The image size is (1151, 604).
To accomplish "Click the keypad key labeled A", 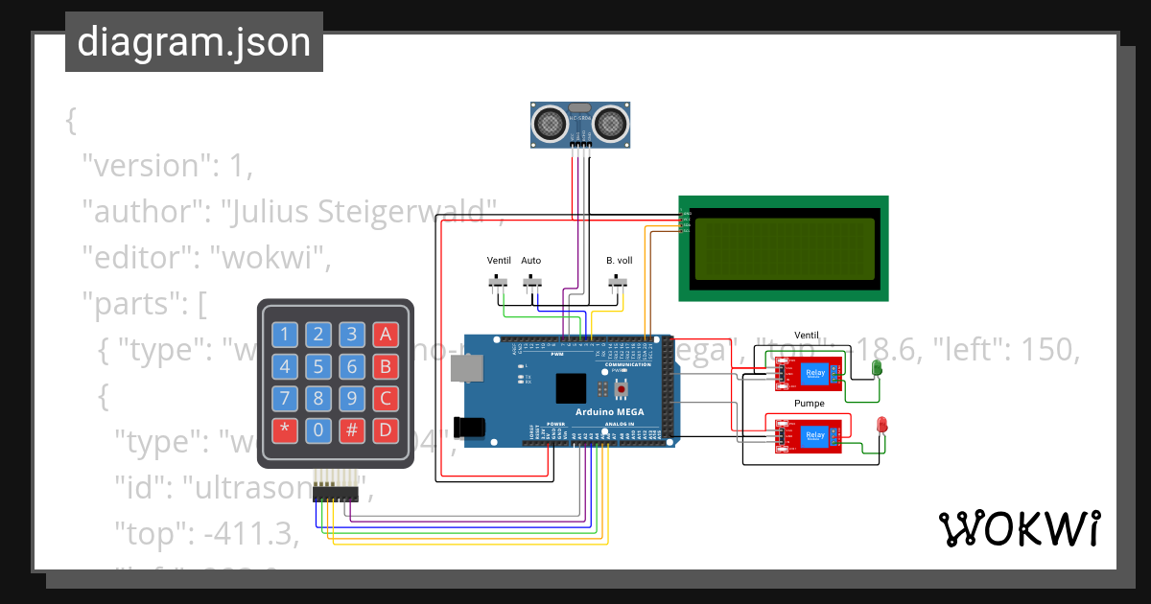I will [385, 335].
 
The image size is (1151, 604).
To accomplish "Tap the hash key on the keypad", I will [352, 430].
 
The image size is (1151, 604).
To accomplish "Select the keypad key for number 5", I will [318, 366].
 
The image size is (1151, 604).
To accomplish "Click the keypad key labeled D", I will [385, 430].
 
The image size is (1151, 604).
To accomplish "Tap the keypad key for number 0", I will [318, 430].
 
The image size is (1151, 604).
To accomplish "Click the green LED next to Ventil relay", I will [876, 368].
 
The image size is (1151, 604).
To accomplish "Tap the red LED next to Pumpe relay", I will [881, 425].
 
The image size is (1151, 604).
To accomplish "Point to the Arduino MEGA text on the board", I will [609, 412].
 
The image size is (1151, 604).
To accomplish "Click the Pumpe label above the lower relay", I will [809, 404].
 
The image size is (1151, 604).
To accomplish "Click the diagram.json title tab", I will [194, 42].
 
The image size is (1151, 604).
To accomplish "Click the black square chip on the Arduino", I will [571, 388].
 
